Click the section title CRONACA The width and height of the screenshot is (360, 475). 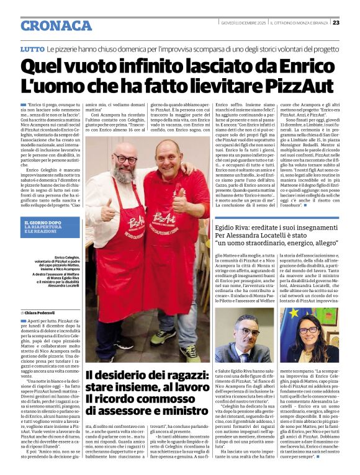(x=56, y=25)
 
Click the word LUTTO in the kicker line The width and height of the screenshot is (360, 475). (x=32, y=48)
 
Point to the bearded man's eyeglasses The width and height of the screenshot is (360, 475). (x=127, y=159)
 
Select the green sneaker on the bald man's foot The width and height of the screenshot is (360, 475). (x=189, y=353)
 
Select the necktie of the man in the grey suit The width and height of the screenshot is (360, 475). (x=246, y=356)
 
